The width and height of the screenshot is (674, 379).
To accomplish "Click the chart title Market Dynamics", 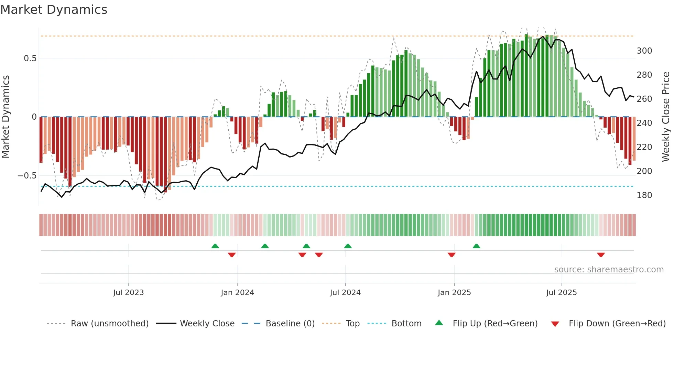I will pyautogui.click(x=54, y=10).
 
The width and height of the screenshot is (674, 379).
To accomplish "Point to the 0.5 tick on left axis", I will pyautogui.click(x=30, y=58).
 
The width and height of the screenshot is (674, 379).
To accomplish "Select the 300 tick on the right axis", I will pyautogui.click(x=644, y=51).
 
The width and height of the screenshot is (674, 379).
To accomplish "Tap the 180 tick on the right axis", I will pyautogui.click(x=644, y=195).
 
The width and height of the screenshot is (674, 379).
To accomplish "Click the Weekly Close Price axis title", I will pyautogui.click(x=666, y=117).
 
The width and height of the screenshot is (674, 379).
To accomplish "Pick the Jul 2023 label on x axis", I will pyautogui.click(x=128, y=293).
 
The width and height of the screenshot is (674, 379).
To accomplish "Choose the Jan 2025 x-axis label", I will pyautogui.click(x=454, y=293).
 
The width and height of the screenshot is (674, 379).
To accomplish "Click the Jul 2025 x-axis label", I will pyautogui.click(x=561, y=293).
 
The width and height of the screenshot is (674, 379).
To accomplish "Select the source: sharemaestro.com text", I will pyautogui.click(x=609, y=270).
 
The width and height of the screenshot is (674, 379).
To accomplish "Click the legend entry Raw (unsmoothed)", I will pyautogui.click(x=109, y=324).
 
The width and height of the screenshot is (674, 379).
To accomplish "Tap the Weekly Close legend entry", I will pyautogui.click(x=207, y=324).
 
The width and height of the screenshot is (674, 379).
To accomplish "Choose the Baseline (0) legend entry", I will pyautogui.click(x=290, y=324).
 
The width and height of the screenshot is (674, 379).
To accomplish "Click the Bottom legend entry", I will pyautogui.click(x=406, y=324).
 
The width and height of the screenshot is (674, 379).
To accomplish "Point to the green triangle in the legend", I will pyautogui.click(x=439, y=323).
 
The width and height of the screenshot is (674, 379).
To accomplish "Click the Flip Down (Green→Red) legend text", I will pyautogui.click(x=617, y=324).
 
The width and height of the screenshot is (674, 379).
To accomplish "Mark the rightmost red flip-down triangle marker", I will pyautogui.click(x=601, y=255).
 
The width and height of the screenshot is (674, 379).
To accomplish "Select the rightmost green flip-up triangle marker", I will pyautogui.click(x=476, y=246).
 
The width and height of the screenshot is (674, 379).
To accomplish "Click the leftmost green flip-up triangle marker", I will pyautogui.click(x=215, y=246).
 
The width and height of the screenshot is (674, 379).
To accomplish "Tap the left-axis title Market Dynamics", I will pyautogui.click(x=6, y=117).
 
